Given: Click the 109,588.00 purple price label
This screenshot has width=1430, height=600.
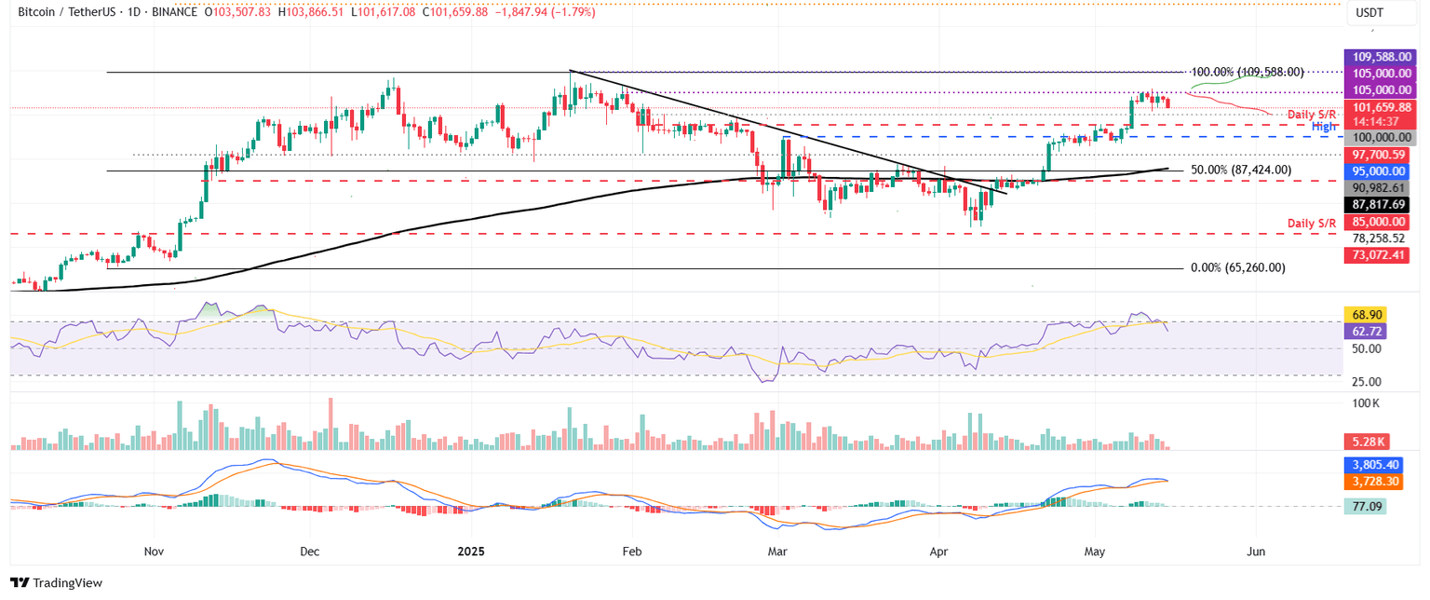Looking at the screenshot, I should pyautogui.click(x=1375, y=58).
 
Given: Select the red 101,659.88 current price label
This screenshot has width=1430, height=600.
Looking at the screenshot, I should pyautogui.click(x=1375, y=107).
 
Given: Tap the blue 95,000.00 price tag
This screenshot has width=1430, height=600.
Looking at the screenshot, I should pyautogui.click(x=1375, y=172).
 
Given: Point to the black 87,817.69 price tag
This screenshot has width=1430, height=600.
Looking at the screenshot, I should pyautogui.click(x=1375, y=204).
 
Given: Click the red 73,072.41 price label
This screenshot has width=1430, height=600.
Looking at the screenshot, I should pyautogui.click(x=1375, y=254).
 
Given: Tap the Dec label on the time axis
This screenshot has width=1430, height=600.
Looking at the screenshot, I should pyautogui.click(x=310, y=552).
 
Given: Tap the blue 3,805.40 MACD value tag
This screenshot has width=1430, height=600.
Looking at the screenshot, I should pyautogui.click(x=1373, y=464).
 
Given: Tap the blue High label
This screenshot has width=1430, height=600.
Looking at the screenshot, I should pyautogui.click(x=1324, y=127).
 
